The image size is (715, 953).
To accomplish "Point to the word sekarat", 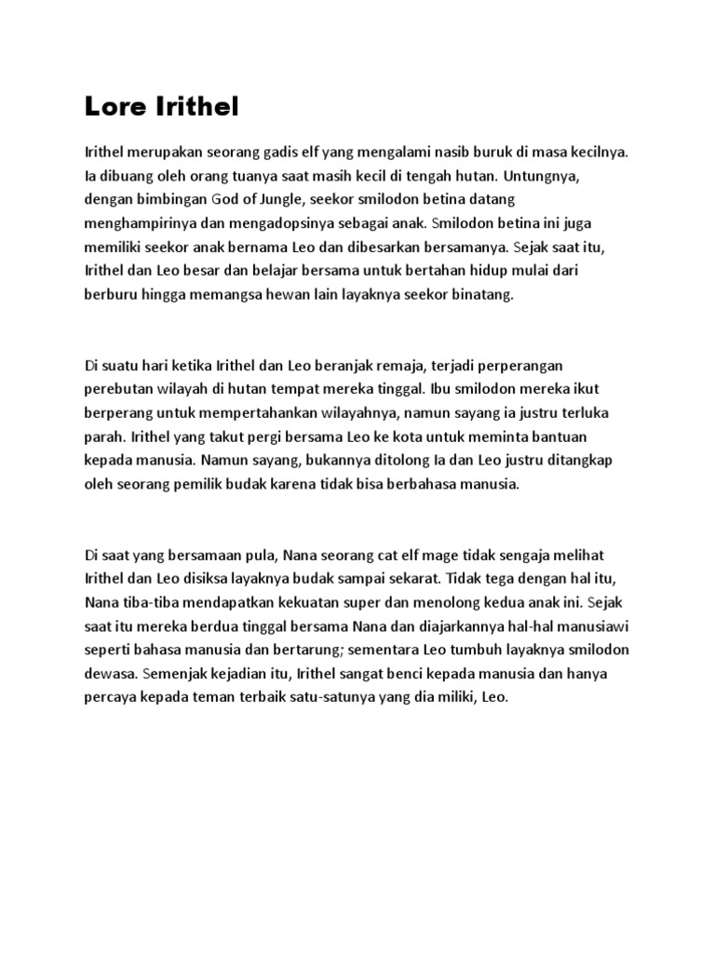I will pos(370,580).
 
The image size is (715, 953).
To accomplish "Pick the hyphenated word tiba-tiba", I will pos(149,604).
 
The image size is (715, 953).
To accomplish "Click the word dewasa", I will pos(108,672).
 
